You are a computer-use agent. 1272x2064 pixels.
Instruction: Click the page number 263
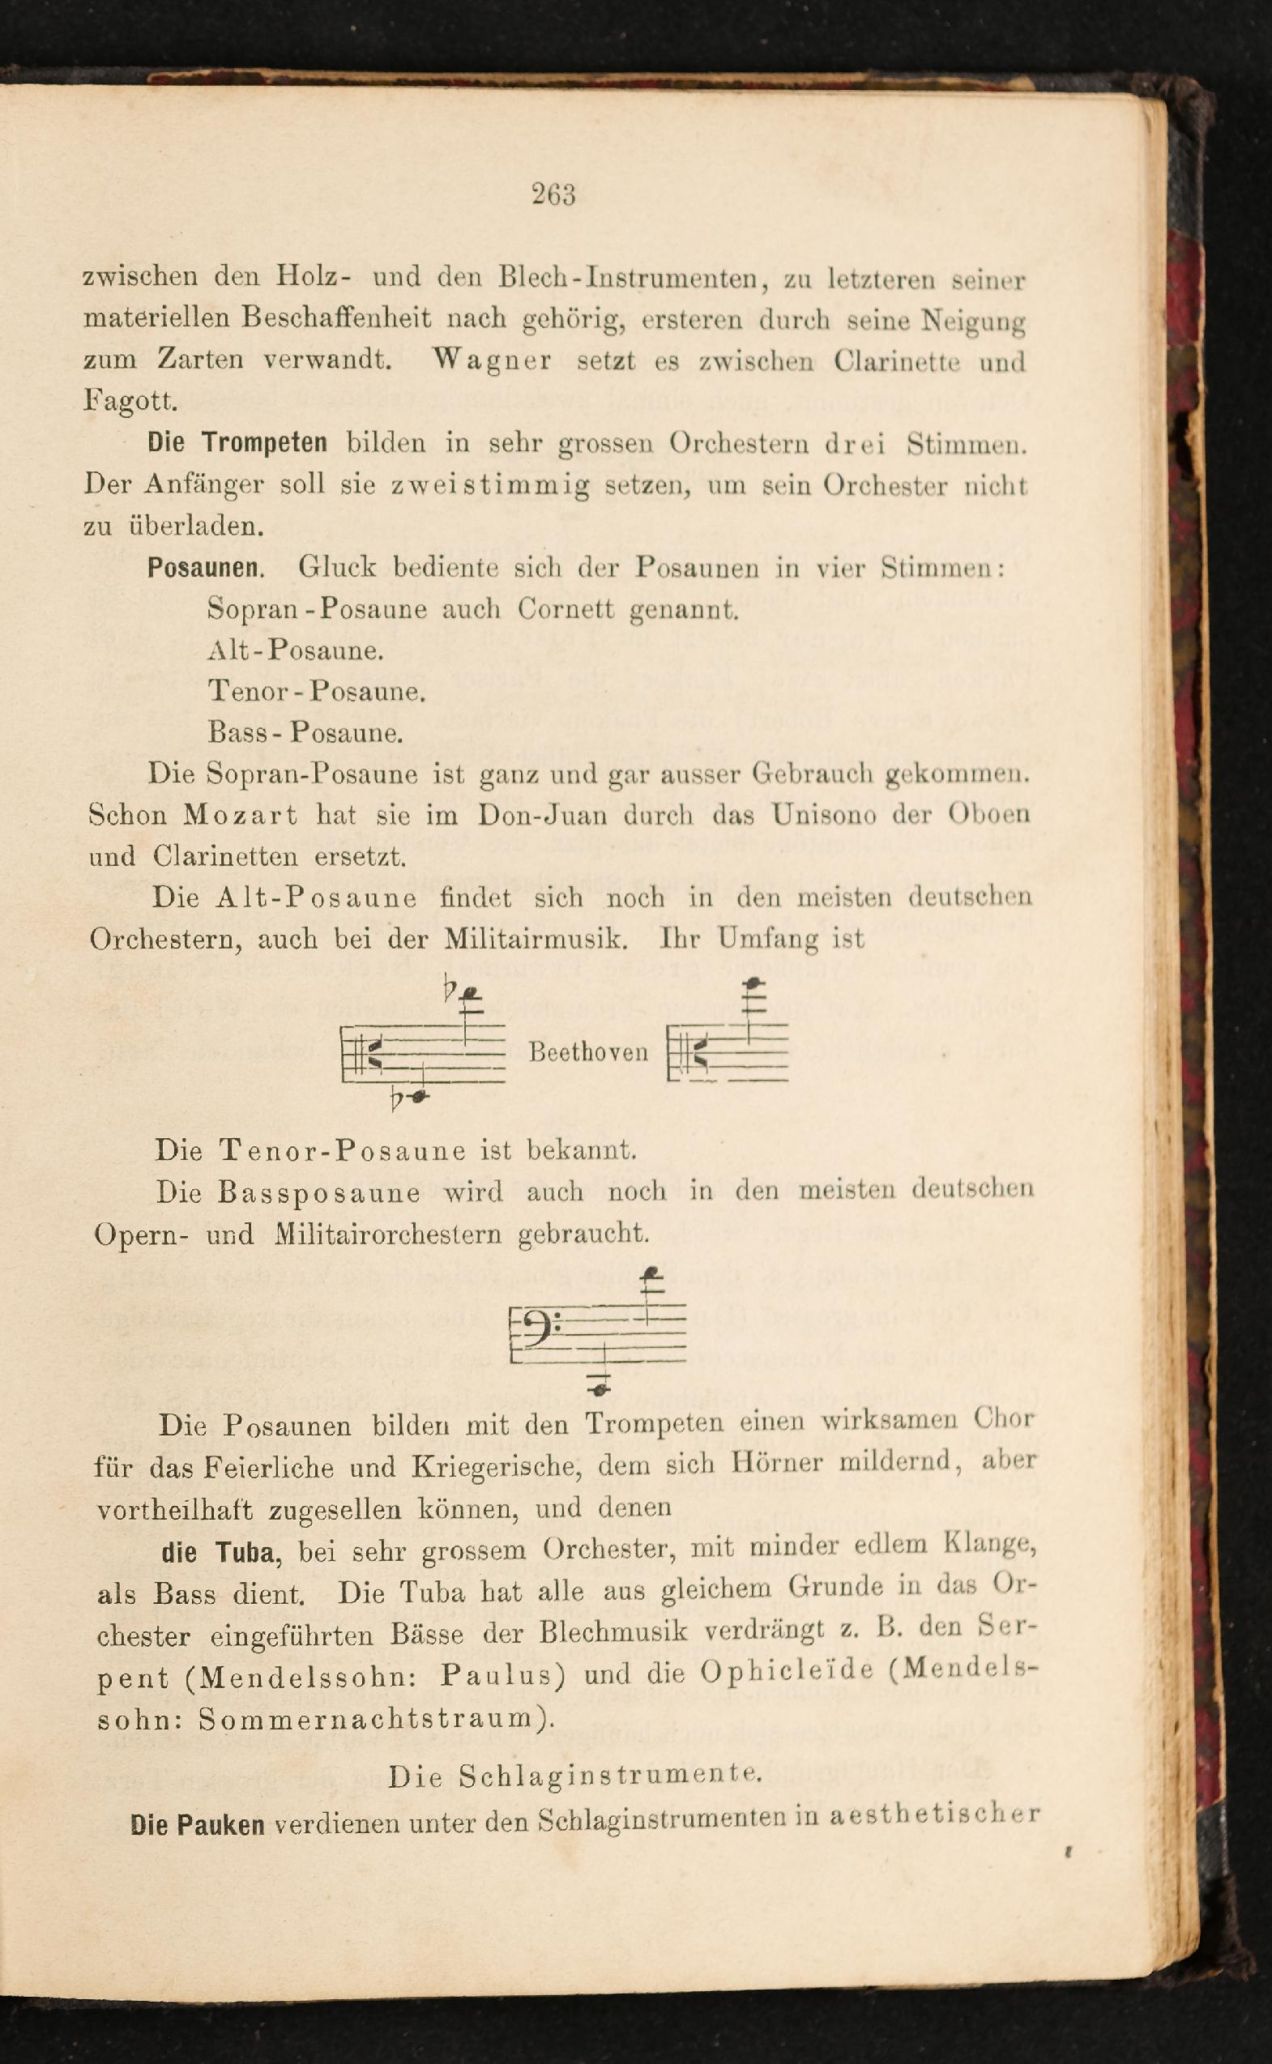pos(553,194)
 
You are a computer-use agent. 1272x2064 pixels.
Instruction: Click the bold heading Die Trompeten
pos(237,443)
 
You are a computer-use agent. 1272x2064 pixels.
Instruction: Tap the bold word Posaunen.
pos(205,568)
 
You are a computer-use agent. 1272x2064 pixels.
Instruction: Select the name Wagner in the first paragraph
pos(492,360)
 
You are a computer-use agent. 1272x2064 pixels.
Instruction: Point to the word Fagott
pos(130,400)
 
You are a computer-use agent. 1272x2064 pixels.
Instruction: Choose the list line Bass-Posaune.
pos(305,732)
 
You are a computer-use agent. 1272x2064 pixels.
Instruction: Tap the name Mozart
pos(241,815)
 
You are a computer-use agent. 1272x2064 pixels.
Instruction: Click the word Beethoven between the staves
pos(588,1052)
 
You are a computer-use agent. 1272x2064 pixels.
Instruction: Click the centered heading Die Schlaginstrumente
pos(575,1776)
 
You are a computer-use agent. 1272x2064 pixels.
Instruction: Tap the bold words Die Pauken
pos(198,1825)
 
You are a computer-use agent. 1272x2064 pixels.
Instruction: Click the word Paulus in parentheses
pos(502,1676)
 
